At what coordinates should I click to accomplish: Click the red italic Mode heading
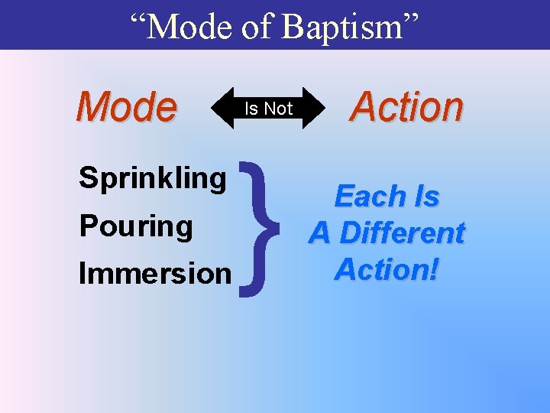(x=126, y=107)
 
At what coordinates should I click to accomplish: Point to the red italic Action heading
(x=406, y=106)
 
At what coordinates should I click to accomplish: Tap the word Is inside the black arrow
(x=251, y=109)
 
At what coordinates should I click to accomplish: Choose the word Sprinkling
(x=153, y=178)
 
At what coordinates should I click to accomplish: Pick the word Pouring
(x=136, y=226)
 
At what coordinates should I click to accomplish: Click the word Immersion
(x=155, y=273)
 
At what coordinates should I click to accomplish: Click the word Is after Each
(x=426, y=197)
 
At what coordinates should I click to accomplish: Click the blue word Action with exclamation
(x=382, y=269)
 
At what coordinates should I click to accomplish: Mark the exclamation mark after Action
(x=435, y=269)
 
